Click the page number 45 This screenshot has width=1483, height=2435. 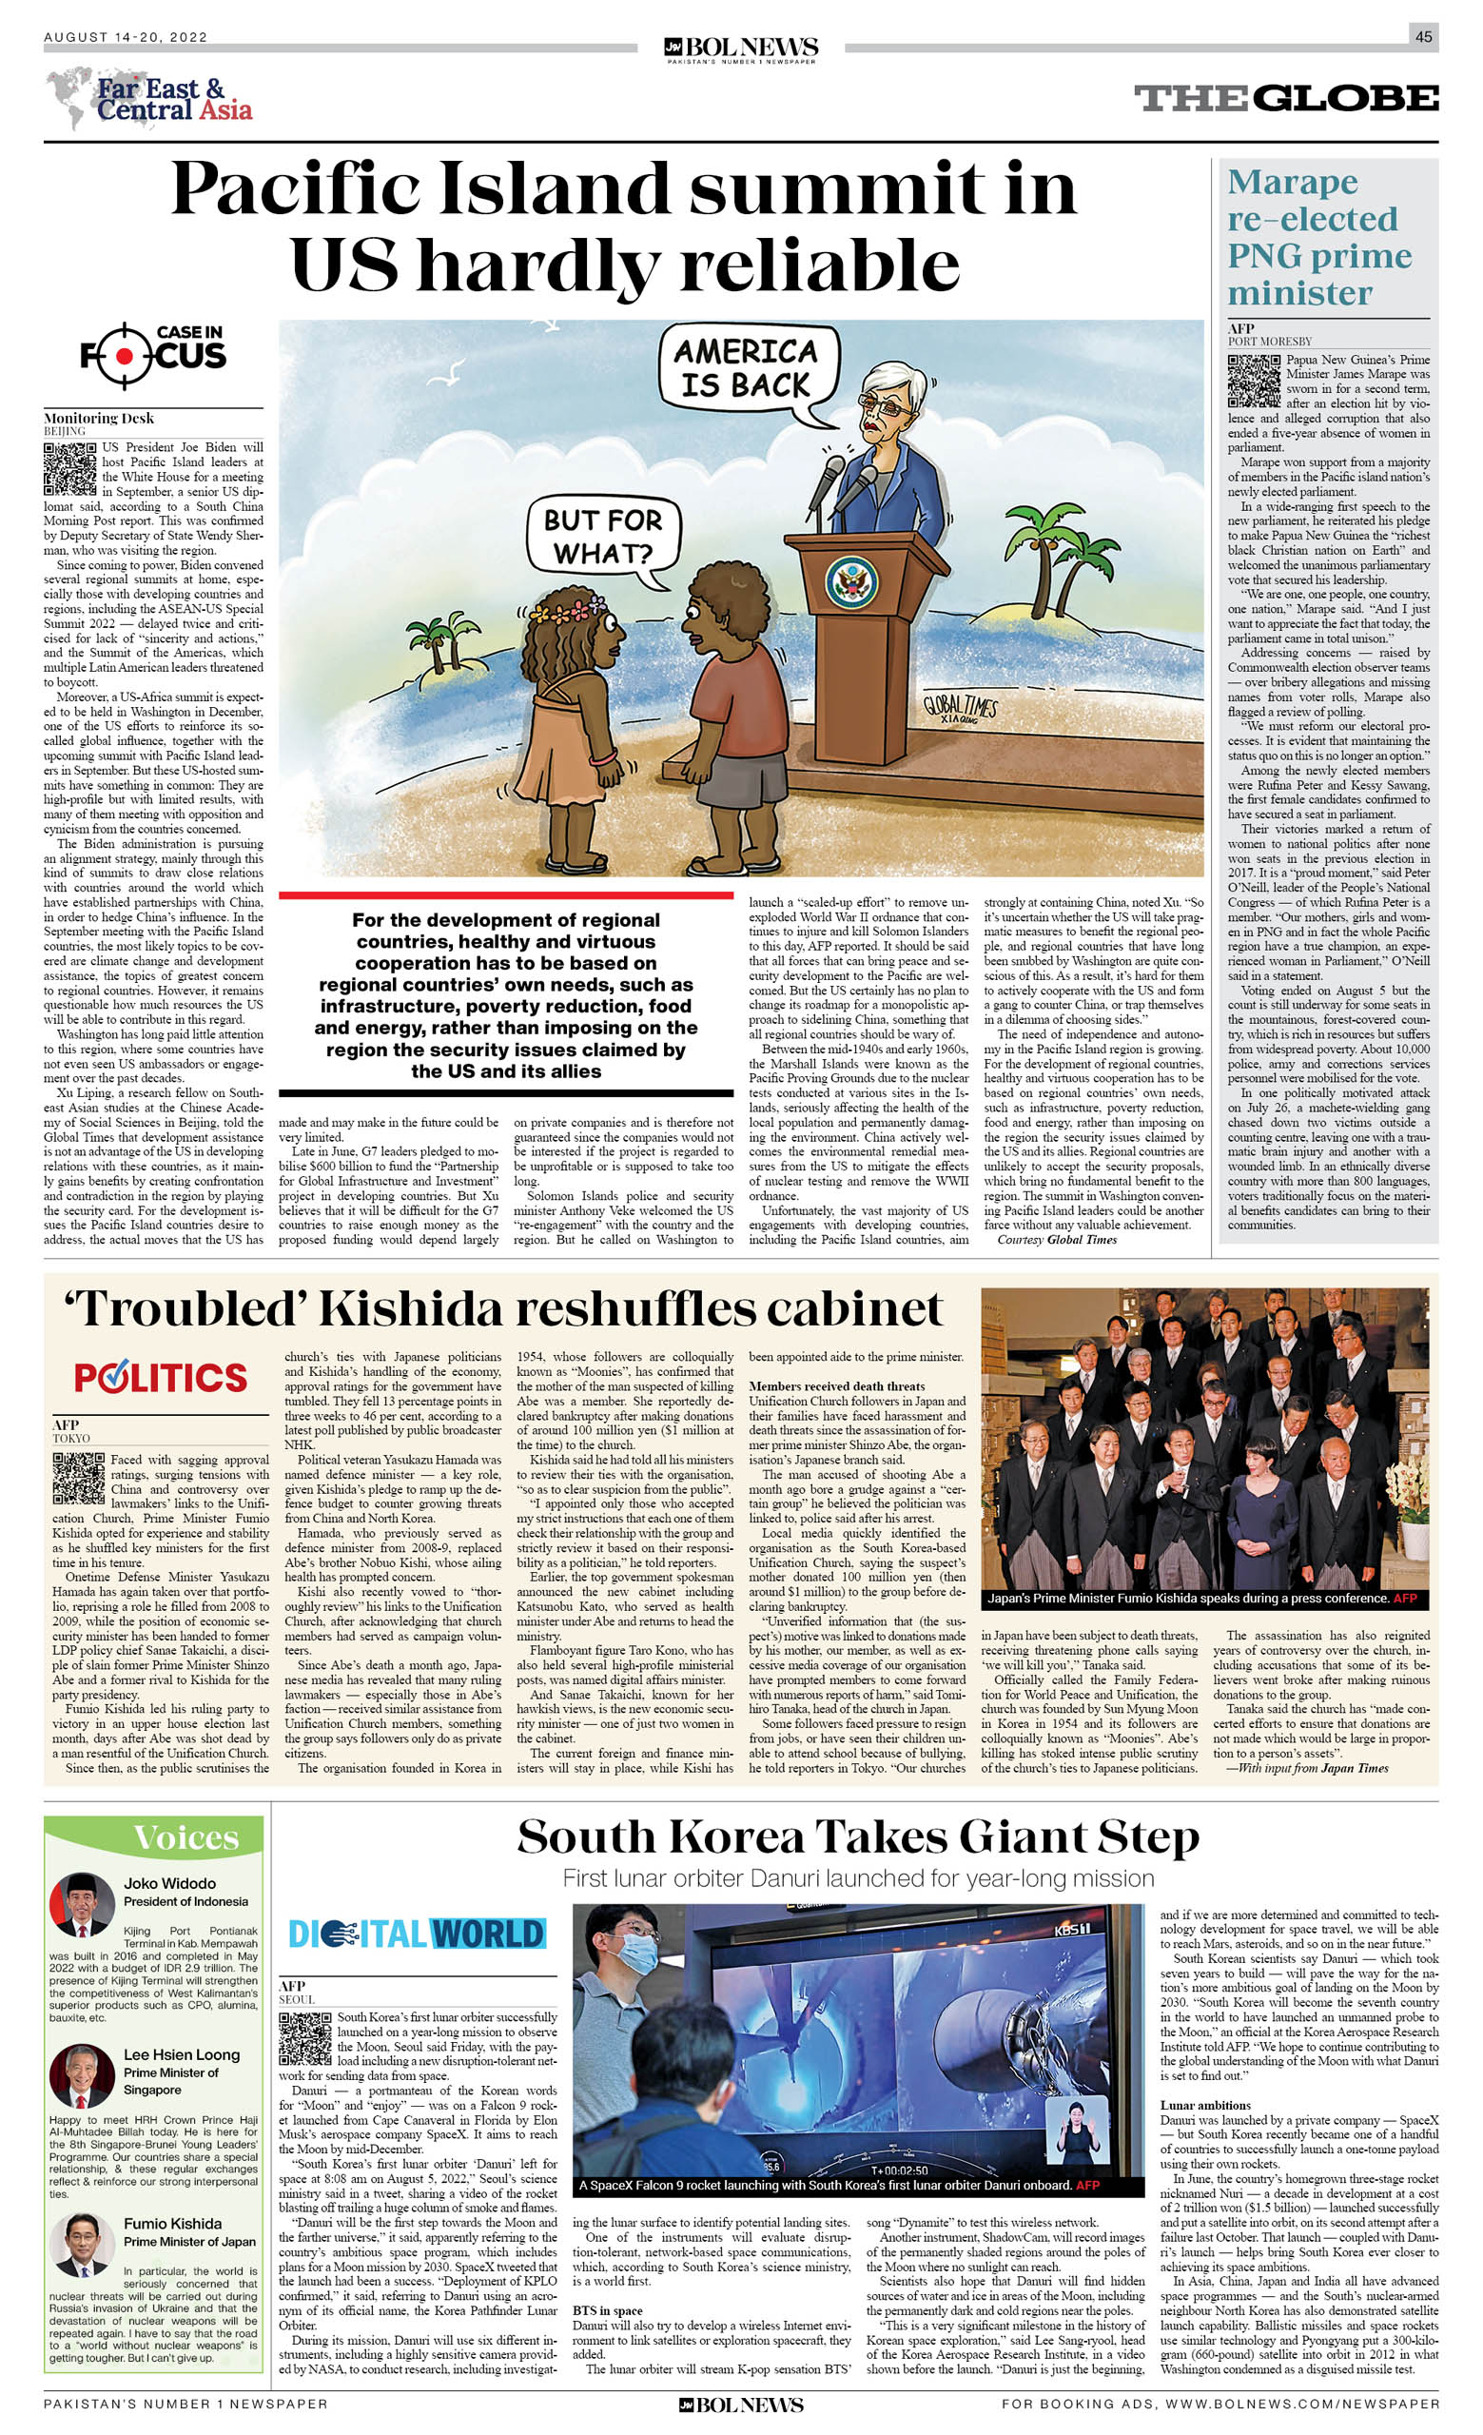coord(1423,36)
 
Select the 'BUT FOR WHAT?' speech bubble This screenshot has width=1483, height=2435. coord(602,537)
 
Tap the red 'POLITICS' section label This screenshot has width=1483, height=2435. coord(160,1378)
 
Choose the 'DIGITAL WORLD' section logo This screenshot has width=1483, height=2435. coord(416,1933)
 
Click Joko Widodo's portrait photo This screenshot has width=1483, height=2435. coord(81,1903)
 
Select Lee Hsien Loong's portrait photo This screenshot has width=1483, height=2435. coord(81,2074)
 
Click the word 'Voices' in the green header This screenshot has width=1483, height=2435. coord(185,1837)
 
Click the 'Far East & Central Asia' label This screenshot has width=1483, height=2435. coord(174,99)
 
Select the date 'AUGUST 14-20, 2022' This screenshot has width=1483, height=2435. coord(126,37)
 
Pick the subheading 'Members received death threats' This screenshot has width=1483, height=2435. coord(836,1386)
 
